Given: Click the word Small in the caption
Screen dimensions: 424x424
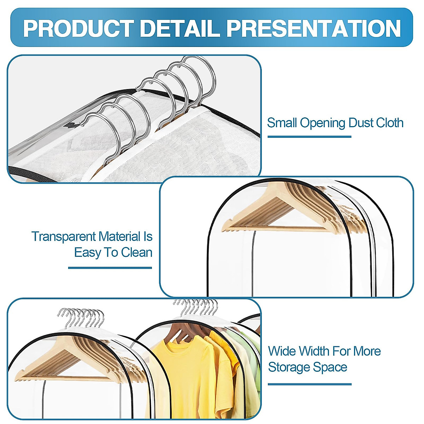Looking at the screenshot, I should pos(282,123).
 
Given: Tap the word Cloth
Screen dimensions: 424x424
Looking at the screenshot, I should pos(389,123).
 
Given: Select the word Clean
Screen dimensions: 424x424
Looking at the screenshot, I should pos(136,253).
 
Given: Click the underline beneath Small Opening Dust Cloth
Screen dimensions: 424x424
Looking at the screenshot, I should pos(309,137).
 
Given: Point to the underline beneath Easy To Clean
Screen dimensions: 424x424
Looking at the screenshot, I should pos(110,268).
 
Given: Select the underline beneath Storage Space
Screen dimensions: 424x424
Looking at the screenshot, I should pos(310,384).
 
